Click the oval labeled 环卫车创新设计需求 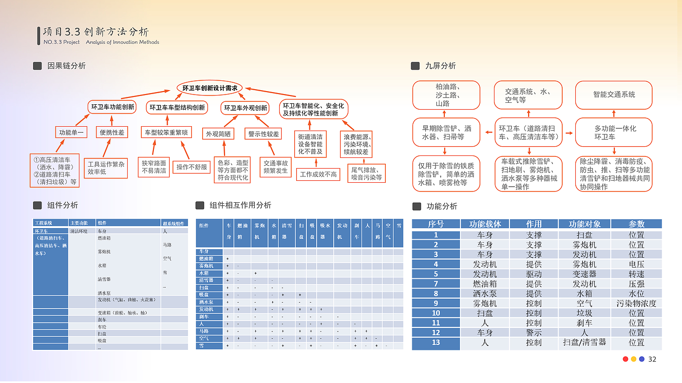point(210,88)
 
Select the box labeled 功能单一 point(71,132)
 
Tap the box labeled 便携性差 point(112,132)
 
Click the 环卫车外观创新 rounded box point(245,108)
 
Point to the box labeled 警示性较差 point(264,134)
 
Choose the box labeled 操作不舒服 point(191,167)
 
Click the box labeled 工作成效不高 point(318,174)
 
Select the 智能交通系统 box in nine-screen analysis point(614,95)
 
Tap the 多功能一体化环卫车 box point(614,132)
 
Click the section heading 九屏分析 point(440,66)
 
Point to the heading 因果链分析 point(66,66)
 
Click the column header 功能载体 point(485,224)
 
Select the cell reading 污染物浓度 point(636,303)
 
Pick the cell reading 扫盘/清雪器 point(584,342)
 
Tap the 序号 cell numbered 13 point(436,342)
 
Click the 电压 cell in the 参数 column point(636,264)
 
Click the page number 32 point(652,359)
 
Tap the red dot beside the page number point(625,359)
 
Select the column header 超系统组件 point(174,223)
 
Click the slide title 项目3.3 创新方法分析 point(96,32)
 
